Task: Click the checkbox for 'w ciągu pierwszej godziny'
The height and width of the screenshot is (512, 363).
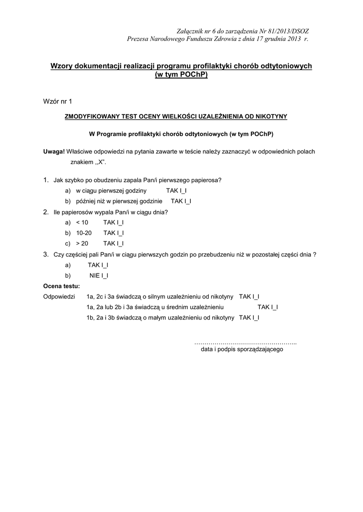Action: click(x=184, y=191)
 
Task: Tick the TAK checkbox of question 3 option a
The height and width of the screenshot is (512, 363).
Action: click(x=105, y=264)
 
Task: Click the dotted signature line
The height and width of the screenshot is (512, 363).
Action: click(x=245, y=343)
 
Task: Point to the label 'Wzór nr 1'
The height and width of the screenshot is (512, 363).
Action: click(x=58, y=101)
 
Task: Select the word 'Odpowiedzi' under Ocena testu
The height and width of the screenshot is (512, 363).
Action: click(x=59, y=296)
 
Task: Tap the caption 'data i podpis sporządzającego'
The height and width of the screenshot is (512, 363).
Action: click(x=242, y=349)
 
